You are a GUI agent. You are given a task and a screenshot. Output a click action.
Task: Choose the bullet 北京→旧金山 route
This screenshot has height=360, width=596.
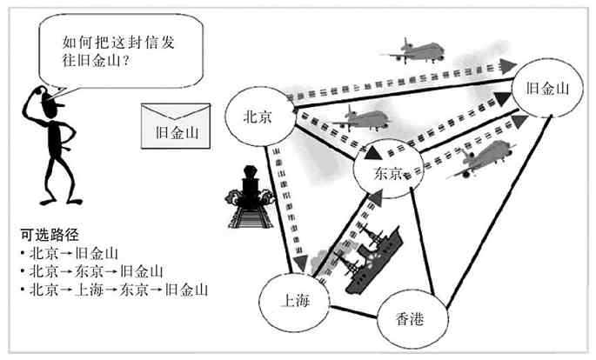(x=73, y=253)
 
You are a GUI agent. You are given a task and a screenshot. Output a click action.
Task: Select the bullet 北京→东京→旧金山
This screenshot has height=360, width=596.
(x=96, y=271)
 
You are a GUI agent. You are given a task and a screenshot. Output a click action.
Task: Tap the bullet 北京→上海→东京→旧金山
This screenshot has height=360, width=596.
(x=118, y=289)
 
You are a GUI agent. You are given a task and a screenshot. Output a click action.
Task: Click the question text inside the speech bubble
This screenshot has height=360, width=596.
(x=114, y=50)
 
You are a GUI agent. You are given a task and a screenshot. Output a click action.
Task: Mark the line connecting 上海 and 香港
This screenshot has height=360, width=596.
(x=354, y=310)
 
